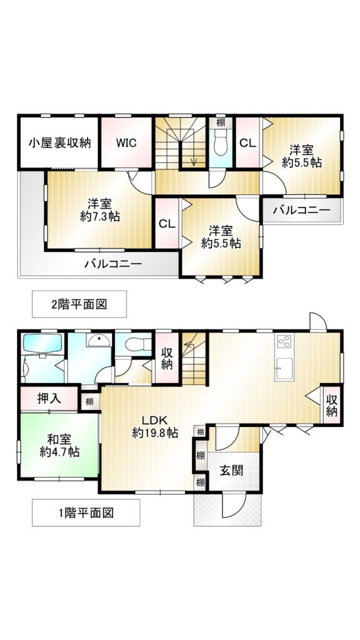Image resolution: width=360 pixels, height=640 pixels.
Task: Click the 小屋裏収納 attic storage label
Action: [59, 143]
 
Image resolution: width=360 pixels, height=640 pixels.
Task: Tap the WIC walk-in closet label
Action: [126, 143]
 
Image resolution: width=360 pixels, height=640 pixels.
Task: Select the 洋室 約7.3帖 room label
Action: [99, 210]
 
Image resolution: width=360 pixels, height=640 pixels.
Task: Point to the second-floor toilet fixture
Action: [221, 143]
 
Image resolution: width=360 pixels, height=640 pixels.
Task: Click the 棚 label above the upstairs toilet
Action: [221, 122]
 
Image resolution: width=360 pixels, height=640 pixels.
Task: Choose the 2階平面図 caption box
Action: [79, 304]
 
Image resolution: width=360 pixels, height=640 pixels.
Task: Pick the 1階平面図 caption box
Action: [86, 512]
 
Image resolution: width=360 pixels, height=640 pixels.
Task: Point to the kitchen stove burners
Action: [284, 341]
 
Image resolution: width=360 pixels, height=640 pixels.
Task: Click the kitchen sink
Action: [284, 369]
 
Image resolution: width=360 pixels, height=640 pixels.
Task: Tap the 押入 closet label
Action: [49, 398]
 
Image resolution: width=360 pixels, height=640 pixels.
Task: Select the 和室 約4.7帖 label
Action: [59, 446]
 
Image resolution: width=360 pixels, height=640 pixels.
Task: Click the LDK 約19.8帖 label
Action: [155, 426]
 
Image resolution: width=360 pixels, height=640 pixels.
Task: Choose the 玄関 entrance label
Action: [232, 470]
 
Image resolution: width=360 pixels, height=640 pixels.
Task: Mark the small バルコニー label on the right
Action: [302, 211]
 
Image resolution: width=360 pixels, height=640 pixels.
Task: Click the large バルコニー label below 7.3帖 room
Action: [113, 264]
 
